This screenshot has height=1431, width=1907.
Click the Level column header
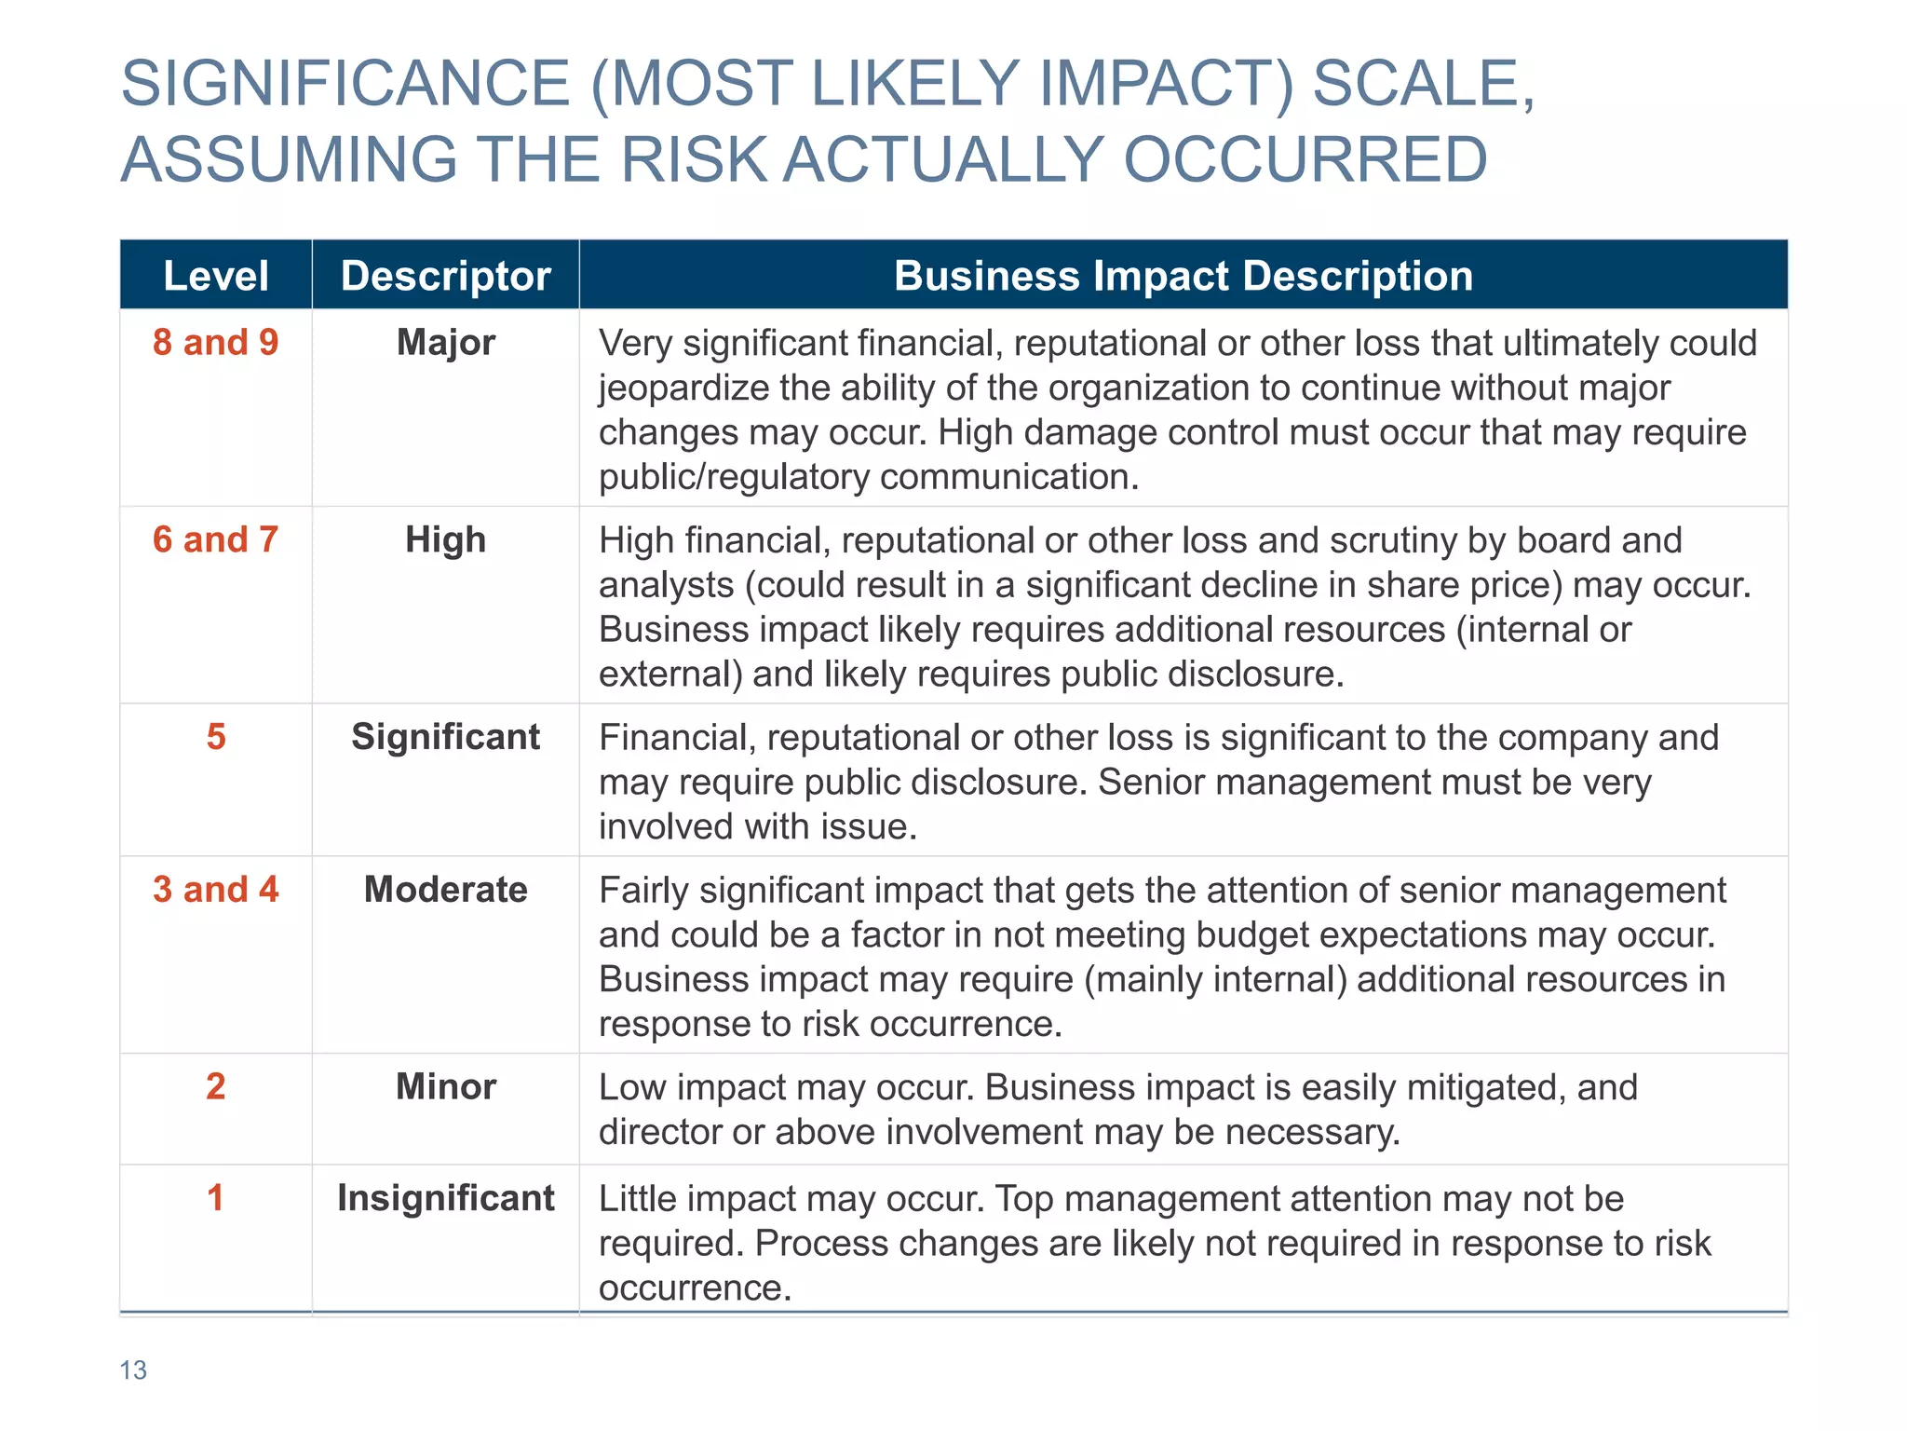pyautogui.click(x=216, y=276)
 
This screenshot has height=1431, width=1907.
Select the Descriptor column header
pyautogui.click(x=445, y=276)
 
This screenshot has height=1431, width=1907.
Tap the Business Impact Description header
pyautogui.click(x=1183, y=276)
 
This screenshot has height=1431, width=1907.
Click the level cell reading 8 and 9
pyautogui.click(x=216, y=343)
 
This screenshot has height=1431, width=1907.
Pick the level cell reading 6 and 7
pyautogui.click(x=216, y=540)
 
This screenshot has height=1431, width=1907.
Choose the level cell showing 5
pyautogui.click(x=216, y=737)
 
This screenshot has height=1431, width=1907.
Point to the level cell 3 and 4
pyautogui.click(x=216, y=890)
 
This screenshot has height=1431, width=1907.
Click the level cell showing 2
pyautogui.click(x=216, y=1086)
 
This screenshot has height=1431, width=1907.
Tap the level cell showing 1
pyautogui.click(x=216, y=1198)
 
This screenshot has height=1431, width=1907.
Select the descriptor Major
pyautogui.click(x=445, y=343)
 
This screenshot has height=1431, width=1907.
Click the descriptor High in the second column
pyautogui.click(x=445, y=540)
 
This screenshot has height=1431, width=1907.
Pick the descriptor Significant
pyautogui.click(x=445, y=737)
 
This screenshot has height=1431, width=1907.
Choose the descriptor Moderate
pyautogui.click(x=445, y=890)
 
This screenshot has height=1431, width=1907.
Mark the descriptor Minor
pyautogui.click(x=445, y=1086)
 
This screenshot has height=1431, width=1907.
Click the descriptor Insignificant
pyautogui.click(x=445, y=1198)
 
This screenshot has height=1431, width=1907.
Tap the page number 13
pyautogui.click(x=133, y=1370)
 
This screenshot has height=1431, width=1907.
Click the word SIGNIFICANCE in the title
pyautogui.click(x=345, y=84)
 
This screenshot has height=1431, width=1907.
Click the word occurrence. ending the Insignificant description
pyautogui.click(x=695, y=1288)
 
